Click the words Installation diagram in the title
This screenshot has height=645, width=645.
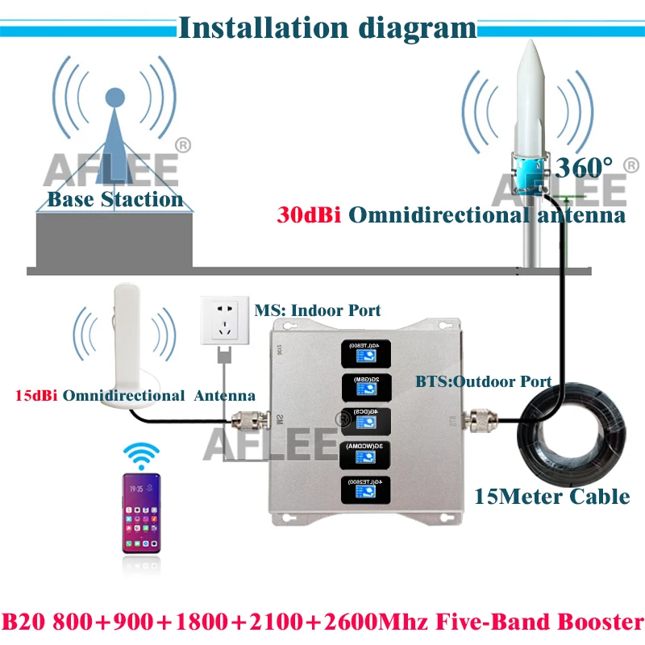click(327, 27)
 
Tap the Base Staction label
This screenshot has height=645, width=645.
click(114, 199)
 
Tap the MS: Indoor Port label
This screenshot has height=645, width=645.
click(318, 310)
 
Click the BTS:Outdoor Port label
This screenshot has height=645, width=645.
click(483, 381)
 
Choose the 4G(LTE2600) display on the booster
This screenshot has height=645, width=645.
click(358, 489)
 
